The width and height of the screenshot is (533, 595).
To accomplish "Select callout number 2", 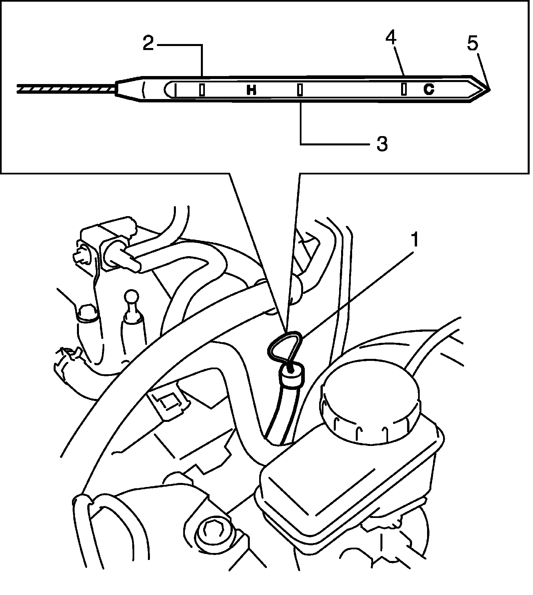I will [x=149, y=44].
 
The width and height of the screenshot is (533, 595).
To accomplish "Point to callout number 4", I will [x=391, y=38].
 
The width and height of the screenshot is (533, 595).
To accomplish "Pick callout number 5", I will [x=472, y=44].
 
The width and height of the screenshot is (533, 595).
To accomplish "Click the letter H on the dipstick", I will [x=252, y=90].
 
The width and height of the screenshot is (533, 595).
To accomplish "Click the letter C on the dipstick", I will [x=429, y=89].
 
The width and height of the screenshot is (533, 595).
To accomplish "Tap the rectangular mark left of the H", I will [x=202, y=90].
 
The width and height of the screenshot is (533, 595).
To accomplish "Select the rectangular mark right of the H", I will [x=300, y=90].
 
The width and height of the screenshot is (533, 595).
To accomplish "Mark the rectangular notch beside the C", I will [x=404, y=89].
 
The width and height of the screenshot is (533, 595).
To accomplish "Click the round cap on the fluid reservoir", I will [x=370, y=402].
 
